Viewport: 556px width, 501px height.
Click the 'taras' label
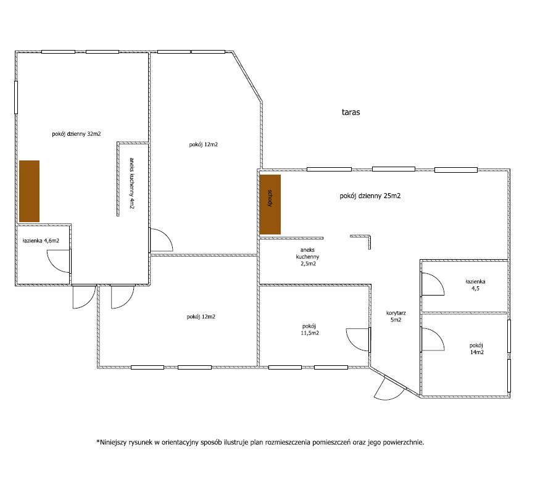point(351,112)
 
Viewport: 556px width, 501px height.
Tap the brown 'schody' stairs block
point(270,204)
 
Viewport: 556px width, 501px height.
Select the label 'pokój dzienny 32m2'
point(77,134)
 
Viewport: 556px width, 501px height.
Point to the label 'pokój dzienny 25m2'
point(370,196)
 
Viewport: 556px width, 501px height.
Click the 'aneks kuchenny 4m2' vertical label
point(132,183)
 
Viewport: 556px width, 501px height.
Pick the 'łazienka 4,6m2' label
point(41,241)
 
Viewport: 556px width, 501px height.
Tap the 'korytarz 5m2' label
point(396,317)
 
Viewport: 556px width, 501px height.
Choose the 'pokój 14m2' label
point(476,349)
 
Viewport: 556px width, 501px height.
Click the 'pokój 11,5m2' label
point(310,329)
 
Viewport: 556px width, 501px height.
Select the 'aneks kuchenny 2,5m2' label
point(307,257)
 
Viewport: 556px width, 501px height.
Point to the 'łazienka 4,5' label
point(475,284)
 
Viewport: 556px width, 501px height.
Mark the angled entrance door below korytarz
point(389,389)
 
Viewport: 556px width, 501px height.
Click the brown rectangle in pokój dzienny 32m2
point(29,191)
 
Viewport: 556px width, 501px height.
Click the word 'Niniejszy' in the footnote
point(113,442)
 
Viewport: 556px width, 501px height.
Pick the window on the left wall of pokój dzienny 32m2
point(16,97)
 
